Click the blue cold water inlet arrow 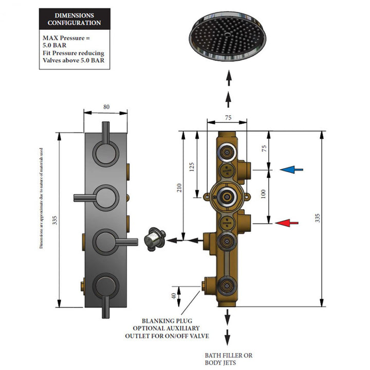pos(291,170)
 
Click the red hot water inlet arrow pos(287,223)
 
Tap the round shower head pos(228,36)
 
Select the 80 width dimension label pos(106,107)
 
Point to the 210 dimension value pos(179,188)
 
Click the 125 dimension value pos(192,167)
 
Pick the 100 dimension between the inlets pos(263,194)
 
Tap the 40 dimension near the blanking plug pos(174,296)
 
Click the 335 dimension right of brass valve pos(318,218)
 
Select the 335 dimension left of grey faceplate pos(54,220)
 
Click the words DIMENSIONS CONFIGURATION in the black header pos(75,19)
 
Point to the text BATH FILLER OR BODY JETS pos(228,359)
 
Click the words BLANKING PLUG pos(167,321)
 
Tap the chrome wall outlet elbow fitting pos(155,239)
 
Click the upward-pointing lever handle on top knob pos(106,133)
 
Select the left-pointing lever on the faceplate pos(85,198)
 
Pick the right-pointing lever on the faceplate pos(126,242)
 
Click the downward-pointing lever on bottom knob pos(106,307)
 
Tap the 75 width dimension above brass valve pos(228,118)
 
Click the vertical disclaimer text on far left pos(41,198)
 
